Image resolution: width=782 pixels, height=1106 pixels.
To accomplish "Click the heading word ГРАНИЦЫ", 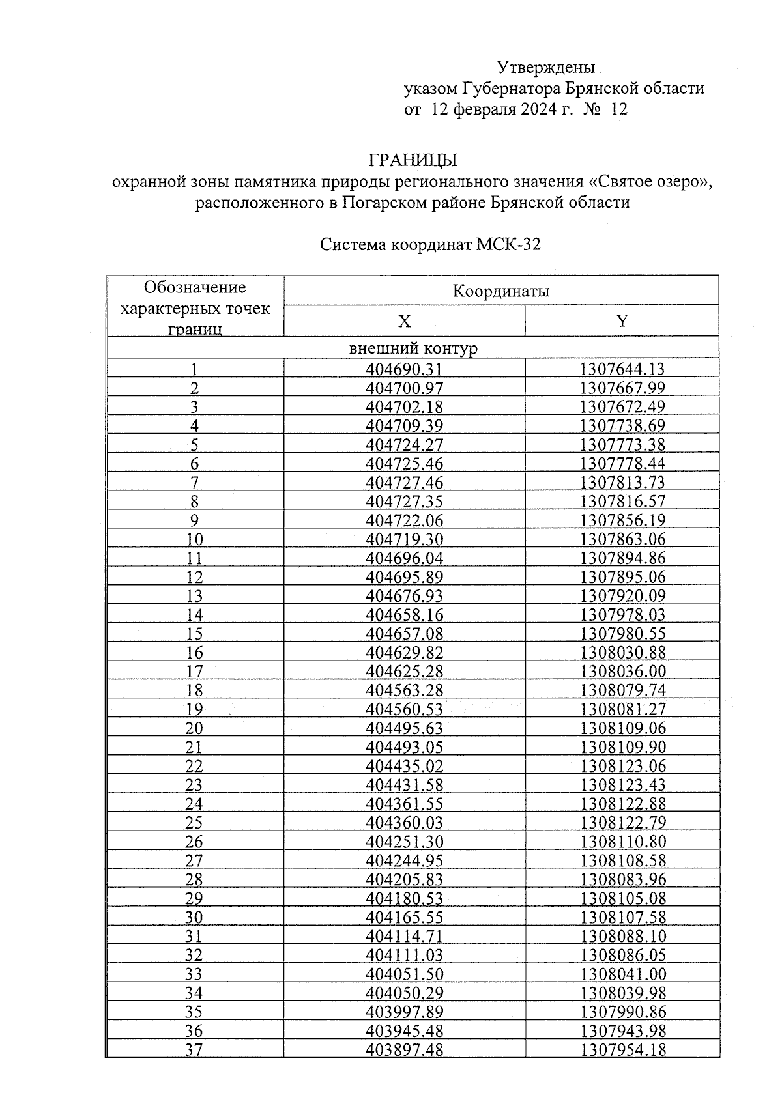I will click(x=413, y=160).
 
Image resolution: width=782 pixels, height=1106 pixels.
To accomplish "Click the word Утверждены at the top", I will click(x=545, y=68).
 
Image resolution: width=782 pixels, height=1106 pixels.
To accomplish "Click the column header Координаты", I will click(x=500, y=291).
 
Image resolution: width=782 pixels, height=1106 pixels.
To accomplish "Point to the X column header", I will click(x=404, y=321).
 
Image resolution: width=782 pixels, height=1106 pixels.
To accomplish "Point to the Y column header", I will click(x=622, y=321).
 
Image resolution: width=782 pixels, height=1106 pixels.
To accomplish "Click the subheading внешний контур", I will click(x=413, y=348).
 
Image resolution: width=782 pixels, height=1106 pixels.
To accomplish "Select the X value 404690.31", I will click(x=404, y=369).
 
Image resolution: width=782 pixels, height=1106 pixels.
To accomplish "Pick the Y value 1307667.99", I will click(x=622, y=388).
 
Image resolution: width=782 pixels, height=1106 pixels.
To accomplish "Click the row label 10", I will click(x=194, y=539).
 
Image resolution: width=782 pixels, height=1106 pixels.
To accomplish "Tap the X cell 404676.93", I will click(x=404, y=596).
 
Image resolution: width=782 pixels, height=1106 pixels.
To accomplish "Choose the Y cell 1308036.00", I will click(x=622, y=672).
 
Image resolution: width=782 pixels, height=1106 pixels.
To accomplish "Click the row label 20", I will click(x=194, y=728).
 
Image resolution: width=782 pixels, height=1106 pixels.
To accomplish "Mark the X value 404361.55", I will click(x=404, y=804).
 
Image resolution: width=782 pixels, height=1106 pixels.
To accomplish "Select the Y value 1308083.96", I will click(x=622, y=879).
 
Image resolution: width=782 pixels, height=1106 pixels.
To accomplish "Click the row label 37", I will click(x=194, y=1049).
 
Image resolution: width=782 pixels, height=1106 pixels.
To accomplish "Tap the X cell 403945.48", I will click(x=404, y=1030).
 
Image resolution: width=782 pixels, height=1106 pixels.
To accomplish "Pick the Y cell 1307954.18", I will click(x=622, y=1049).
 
